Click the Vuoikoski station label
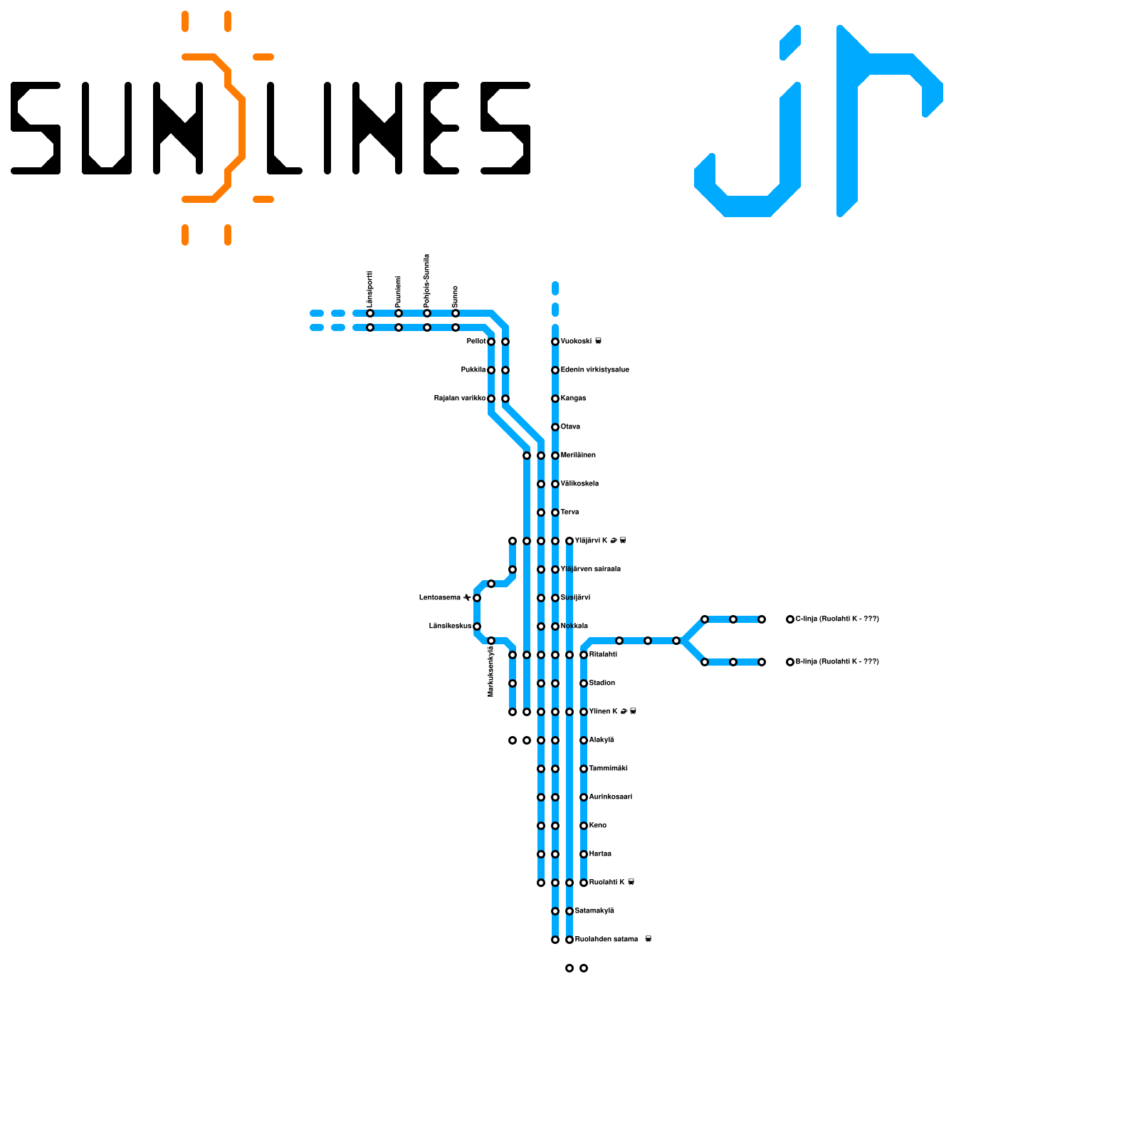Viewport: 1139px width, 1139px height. (x=576, y=342)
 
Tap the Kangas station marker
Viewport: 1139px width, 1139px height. (x=555, y=399)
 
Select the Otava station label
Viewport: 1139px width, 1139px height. (x=570, y=427)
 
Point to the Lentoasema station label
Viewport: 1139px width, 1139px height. (x=440, y=598)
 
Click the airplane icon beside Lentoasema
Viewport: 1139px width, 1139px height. (x=467, y=598)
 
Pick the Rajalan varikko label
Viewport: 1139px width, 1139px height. (x=460, y=399)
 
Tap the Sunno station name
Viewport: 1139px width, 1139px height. (x=456, y=296)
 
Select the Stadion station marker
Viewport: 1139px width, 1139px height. (x=584, y=683)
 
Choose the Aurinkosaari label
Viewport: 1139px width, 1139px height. (x=610, y=797)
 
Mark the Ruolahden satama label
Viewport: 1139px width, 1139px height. (x=606, y=940)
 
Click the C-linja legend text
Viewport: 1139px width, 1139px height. (x=837, y=619)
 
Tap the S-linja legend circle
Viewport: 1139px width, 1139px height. (x=790, y=662)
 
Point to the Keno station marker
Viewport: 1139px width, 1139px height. (x=584, y=826)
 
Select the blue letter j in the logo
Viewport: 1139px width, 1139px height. (x=755, y=142)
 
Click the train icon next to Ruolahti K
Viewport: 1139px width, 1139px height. (x=631, y=883)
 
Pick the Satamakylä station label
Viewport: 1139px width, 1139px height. (x=594, y=911)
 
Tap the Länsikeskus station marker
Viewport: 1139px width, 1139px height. (x=477, y=626)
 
